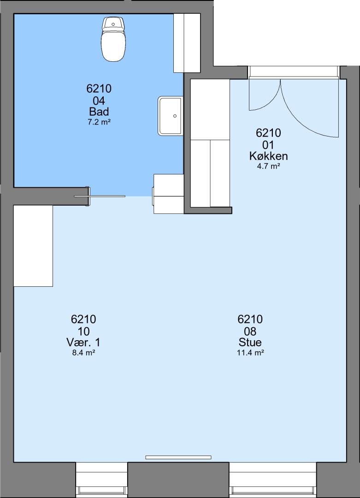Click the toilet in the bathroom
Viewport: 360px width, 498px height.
pos(114,39)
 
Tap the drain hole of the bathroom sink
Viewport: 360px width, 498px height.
pos(175,116)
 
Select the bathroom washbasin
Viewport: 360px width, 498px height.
pos(171,116)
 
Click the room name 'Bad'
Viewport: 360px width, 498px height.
pos(99,112)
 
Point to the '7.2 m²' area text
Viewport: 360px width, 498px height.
pos(99,122)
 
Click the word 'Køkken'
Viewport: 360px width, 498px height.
pos(269,156)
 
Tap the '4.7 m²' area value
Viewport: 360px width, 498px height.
pos(269,166)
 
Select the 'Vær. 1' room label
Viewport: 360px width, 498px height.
pos(83,342)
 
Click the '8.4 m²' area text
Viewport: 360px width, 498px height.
pos(84,353)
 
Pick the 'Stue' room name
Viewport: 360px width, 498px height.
pos(250,342)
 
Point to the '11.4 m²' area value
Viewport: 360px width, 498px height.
pos(250,353)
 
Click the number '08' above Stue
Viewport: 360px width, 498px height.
pos(250,331)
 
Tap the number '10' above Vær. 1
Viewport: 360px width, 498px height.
pos(83,331)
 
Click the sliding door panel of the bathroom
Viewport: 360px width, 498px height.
pos(100,196)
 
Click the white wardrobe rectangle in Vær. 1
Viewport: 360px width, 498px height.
pos(33,245)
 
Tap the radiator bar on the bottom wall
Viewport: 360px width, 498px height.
pos(178,457)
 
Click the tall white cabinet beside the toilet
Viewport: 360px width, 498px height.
pos(187,43)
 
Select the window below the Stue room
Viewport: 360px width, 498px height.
pos(273,480)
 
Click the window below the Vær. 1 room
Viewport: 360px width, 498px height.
pos(101,480)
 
